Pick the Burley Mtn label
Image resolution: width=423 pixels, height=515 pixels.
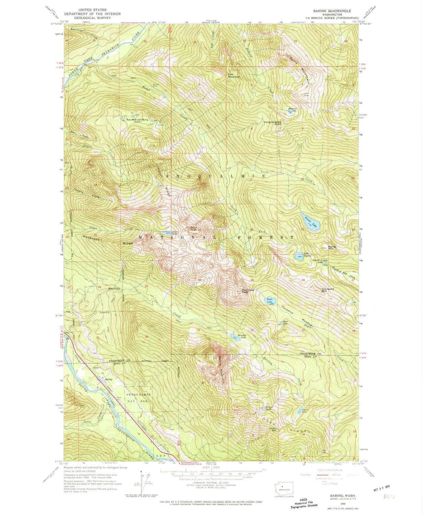[x=331, y=247]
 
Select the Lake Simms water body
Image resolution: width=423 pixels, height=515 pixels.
[x=298, y=256]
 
